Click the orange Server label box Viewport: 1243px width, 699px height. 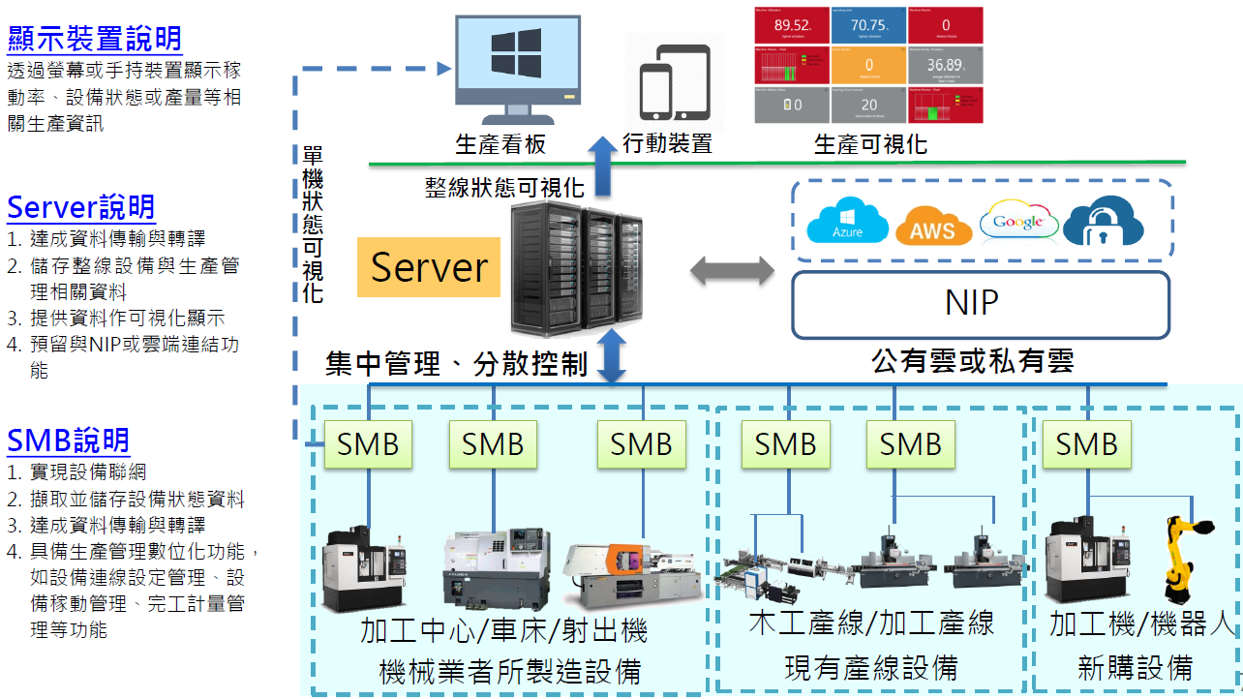pos(429,266)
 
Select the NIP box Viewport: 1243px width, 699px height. pos(981,303)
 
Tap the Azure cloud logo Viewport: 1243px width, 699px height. pos(847,223)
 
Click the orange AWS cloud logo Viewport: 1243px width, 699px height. pos(931,227)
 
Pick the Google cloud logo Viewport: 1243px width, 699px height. pos(1017,223)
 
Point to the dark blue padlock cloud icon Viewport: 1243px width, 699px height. pos(1103,223)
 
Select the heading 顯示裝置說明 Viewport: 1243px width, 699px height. pos(94,39)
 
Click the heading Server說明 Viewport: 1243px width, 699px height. pos(80,207)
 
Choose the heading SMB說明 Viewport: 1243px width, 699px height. pos(68,441)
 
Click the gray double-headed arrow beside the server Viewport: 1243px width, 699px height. pos(732,271)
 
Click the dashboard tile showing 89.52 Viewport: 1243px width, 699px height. pos(790,26)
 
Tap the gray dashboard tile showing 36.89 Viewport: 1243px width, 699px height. pos(945,65)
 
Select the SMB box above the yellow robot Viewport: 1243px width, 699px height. pos(1086,444)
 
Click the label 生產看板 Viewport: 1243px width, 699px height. pos(500,144)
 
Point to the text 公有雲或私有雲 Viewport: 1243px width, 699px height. pos(972,362)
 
